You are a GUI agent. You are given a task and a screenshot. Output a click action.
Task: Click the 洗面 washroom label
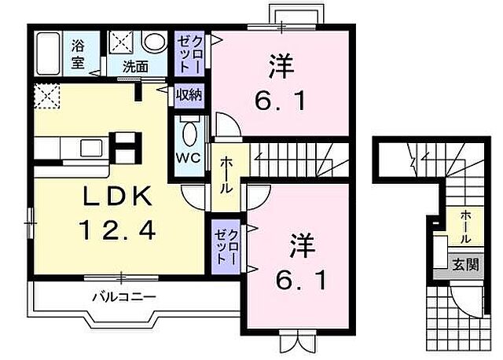click(134, 67)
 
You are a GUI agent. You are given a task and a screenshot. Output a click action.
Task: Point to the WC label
click(189, 156)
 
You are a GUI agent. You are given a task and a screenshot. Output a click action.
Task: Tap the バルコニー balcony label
click(123, 297)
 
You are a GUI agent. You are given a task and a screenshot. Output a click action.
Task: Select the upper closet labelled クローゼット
click(189, 53)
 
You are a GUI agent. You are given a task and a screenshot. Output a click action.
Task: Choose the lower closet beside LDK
click(226, 245)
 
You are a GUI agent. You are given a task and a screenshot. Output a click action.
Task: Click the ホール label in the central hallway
click(226, 177)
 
